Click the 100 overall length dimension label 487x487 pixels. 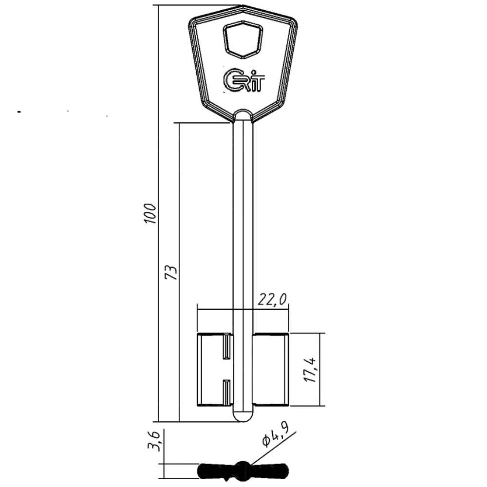click(x=150, y=214)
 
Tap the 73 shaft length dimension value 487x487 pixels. click(x=172, y=273)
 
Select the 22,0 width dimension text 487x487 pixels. click(x=272, y=300)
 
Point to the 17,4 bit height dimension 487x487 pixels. click(x=311, y=370)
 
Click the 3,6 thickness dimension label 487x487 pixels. click(x=154, y=441)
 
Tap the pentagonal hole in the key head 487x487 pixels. click(x=243, y=39)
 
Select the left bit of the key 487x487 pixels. click(x=215, y=369)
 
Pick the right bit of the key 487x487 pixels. click(x=271, y=369)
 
